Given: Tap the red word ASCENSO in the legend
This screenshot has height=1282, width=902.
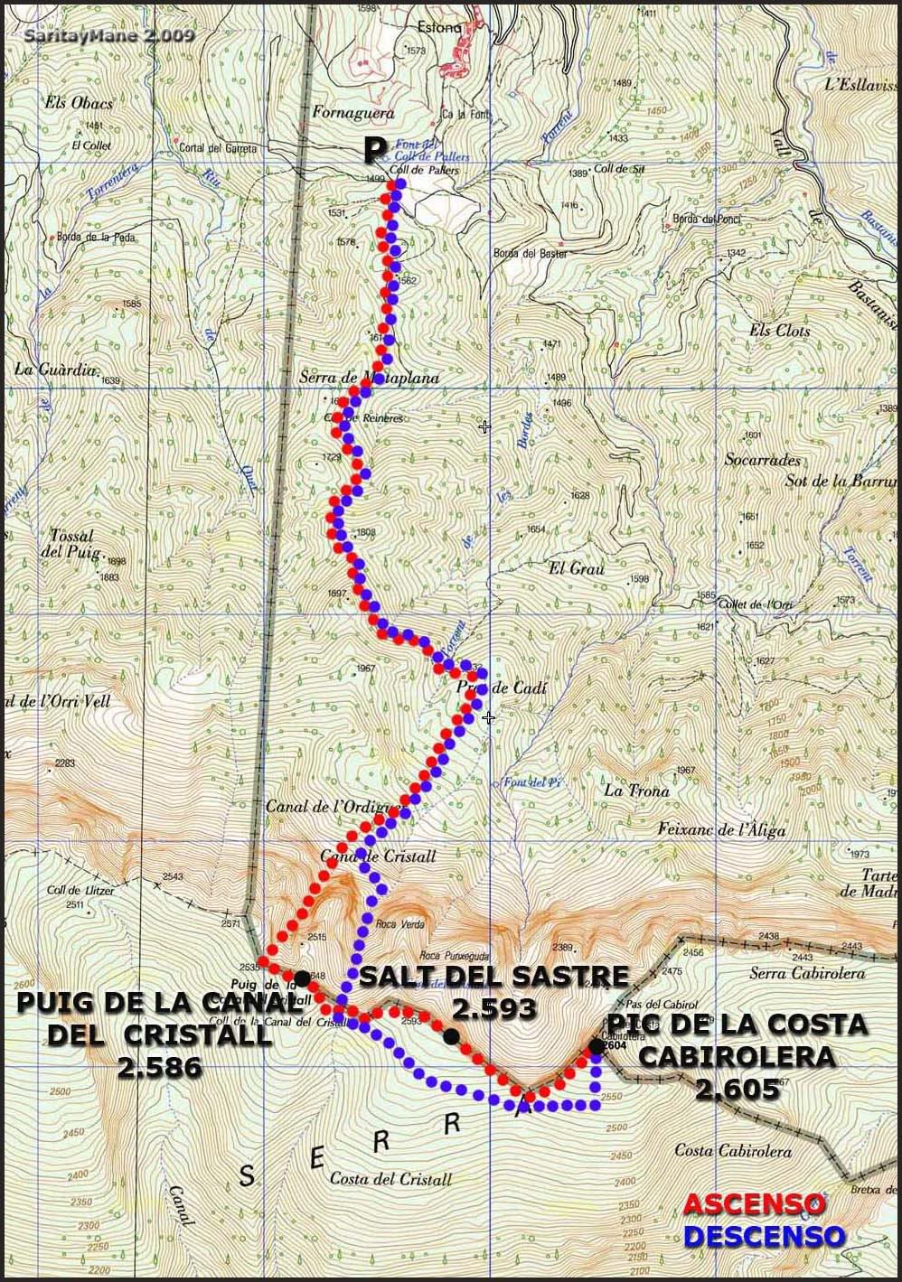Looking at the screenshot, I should pyautogui.click(x=754, y=1204).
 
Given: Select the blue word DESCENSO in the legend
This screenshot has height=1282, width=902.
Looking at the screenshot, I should pyautogui.click(x=764, y=1235).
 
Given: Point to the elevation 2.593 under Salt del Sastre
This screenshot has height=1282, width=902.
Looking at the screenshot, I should pyautogui.click(x=494, y=1007).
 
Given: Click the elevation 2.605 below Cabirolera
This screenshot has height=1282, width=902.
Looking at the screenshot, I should pyautogui.click(x=737, y=1089).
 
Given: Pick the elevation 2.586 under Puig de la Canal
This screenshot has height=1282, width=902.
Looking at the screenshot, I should pyautogui.click(x=159, y=1067).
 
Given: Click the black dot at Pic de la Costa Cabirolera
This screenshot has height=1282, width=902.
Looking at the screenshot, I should pyautogui.click(x=596, y=1046).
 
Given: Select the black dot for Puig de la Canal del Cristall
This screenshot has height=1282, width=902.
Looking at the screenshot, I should pyautogui.click(x=300, y=977).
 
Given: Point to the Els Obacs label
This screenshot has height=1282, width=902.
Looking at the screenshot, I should pyautogui.click(x=79, y=103).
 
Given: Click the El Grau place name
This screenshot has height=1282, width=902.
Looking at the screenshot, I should pyautogui.click(x=576, y=568).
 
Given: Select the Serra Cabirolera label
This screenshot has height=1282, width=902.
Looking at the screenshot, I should pyautogui.click(x=807, y=973).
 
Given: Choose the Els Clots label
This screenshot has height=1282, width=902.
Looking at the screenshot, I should pyautogui.click(x=779, y=331).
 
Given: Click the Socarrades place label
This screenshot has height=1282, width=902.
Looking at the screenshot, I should pyautogui.click(x=763, y=459).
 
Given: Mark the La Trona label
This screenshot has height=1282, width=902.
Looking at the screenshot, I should pyautogui.click(x=636, y=791).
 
